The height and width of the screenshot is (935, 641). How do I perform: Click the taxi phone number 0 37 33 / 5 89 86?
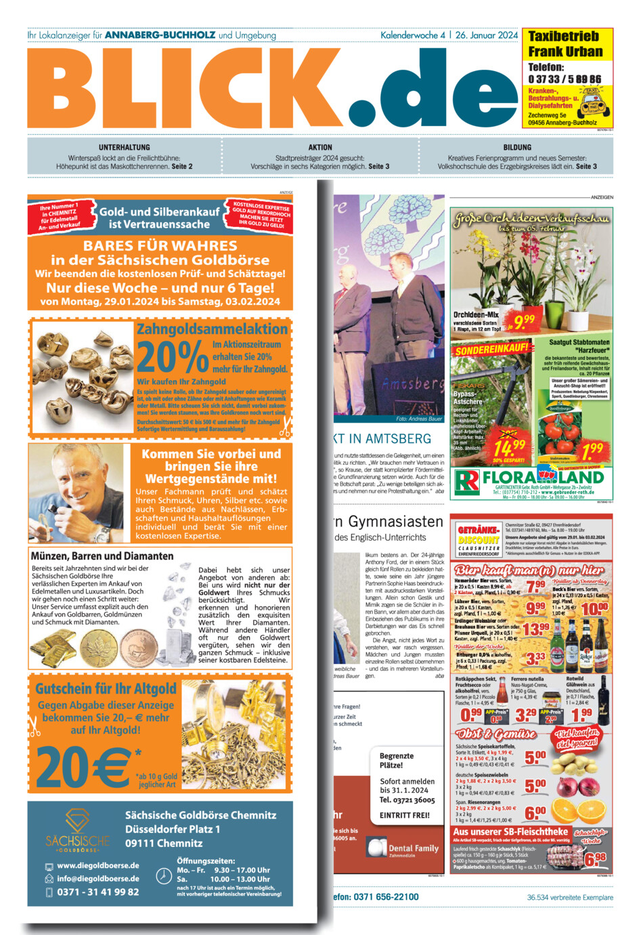click(565, 79)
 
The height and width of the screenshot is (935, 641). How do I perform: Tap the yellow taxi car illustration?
click(594, 102)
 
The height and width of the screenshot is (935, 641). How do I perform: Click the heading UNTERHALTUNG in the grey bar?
click(124, 147)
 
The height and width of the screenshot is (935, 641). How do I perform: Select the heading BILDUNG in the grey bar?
click(517, 147)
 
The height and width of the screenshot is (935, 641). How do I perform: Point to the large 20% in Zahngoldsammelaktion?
click(173, 357)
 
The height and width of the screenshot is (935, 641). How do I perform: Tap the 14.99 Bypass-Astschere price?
click(509, 448)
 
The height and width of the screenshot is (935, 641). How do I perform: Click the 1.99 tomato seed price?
click(592, 449)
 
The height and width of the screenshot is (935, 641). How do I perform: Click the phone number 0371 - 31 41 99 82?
click(98, 892)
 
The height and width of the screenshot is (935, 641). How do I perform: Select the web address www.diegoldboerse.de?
click(98, 865)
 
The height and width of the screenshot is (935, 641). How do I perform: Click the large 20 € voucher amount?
click(83, 768)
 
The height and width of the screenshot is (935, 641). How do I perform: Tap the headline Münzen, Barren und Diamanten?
click(102, 556)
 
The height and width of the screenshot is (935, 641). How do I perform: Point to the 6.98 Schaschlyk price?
click(596, 860)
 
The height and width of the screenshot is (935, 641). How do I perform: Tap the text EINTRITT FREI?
click(405, 815)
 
